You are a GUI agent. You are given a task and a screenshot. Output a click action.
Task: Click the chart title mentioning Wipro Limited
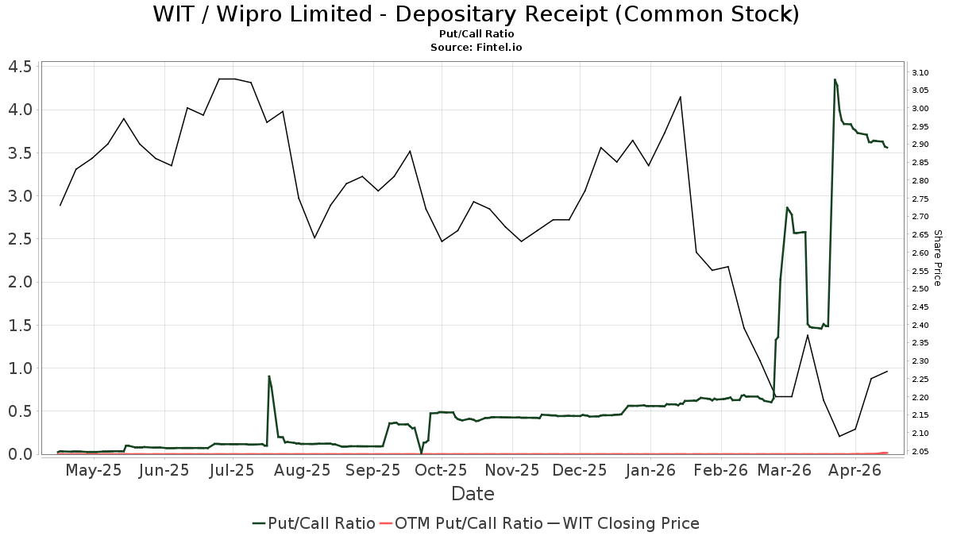[x=476, y=14]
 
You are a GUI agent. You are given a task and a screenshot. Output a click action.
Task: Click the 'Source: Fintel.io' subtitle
[x=476, y=48]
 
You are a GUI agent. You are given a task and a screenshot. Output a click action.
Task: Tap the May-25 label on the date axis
[x=93, y=471]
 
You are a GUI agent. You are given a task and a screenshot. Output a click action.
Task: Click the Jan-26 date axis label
[x=650, y=471]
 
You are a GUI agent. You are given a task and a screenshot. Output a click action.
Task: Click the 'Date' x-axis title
[x=473, y=494]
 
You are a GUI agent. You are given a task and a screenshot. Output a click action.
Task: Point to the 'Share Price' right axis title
[x=937, y=258]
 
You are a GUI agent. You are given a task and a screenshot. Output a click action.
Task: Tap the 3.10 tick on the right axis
[x=920, y=72]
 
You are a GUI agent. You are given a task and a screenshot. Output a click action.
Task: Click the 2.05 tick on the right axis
[x=920, y=451]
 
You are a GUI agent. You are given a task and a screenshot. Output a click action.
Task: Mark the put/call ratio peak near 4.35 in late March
[x=835, y=79]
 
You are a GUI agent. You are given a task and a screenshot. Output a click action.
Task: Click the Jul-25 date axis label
[x=232, y=471]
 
